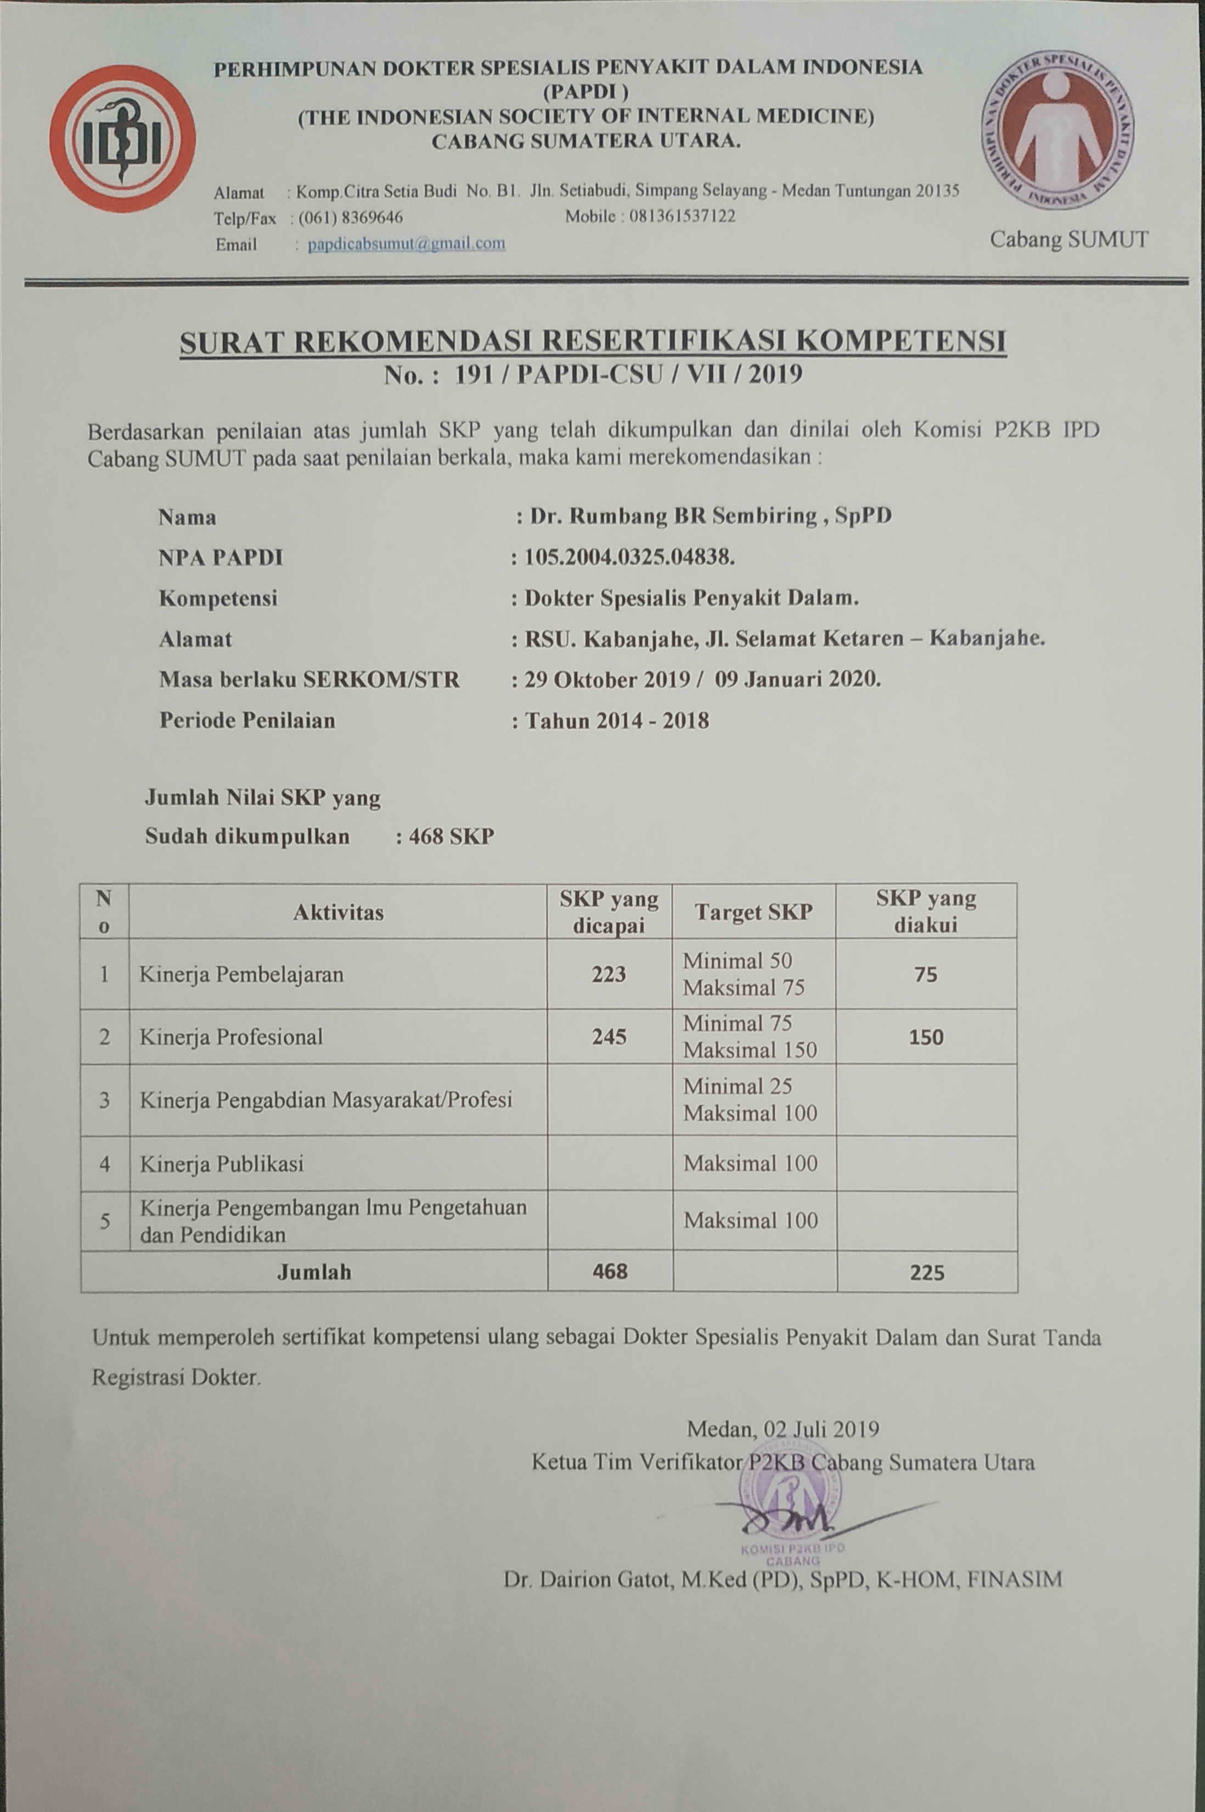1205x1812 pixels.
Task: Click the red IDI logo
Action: pos(122,138)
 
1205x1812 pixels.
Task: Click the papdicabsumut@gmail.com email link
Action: pos(407,244)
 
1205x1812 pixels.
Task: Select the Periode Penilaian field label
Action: pos(247,720)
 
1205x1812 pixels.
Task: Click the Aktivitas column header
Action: pos(337,912)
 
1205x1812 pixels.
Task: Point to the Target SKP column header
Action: pos(753,912)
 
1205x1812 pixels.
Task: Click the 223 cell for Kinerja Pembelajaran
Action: pos(609,974)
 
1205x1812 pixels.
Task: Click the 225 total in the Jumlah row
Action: pos(927,1272)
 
